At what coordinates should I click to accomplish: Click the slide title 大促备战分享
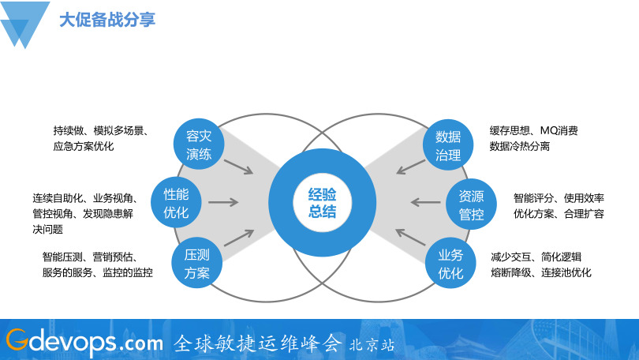tap(106, 19)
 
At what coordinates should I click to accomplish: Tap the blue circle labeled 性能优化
tap(176, 203)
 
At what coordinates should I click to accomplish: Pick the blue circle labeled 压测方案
tap(196, 264)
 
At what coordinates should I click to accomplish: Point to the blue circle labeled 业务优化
tap(450, 264)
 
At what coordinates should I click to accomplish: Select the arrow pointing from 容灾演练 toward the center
tap(238, 166)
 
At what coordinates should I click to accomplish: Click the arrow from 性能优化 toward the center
tap(223, 203)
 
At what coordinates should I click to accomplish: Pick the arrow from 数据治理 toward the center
tap(410, 166)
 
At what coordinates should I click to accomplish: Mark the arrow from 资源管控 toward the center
tap(427, 203)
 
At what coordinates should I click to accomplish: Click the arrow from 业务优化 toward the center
tap(410, 239)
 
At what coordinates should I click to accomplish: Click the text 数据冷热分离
tap(520, 146)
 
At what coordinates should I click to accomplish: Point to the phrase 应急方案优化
tap(84, 146)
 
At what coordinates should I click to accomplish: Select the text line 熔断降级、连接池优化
tap(540, 272)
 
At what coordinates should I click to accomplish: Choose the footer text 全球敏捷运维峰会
tap(257, 343)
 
